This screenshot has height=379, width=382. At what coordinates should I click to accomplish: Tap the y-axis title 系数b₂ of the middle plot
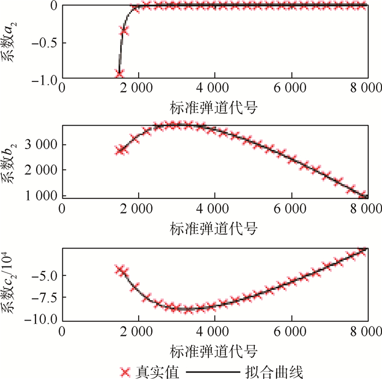[12, 162]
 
